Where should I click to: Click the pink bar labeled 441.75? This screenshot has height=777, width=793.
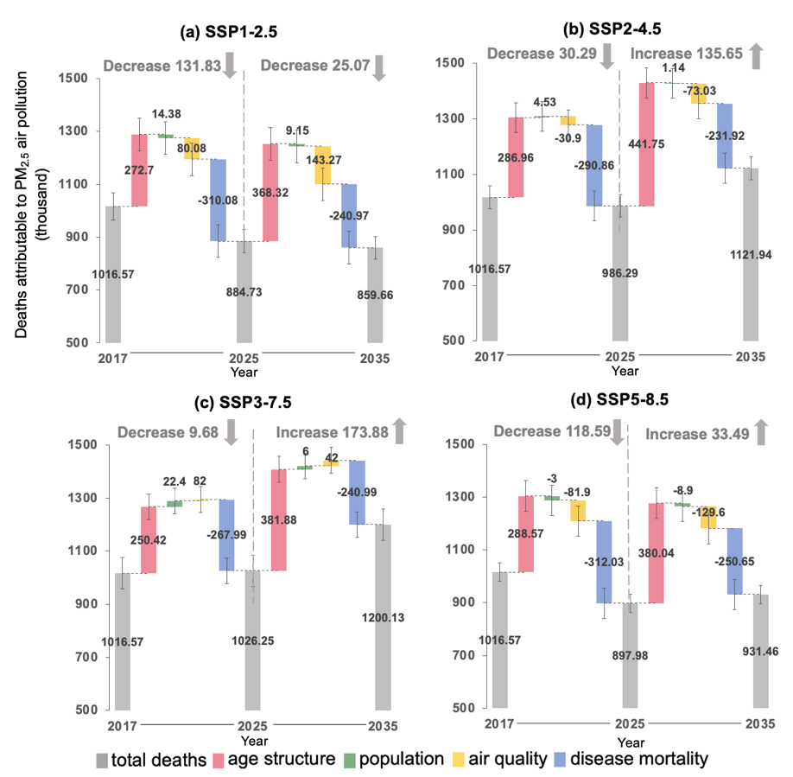pyautogui.click(x=645, y=144)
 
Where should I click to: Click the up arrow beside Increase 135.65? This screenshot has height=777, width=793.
pyautogui.click(x=754, y=57)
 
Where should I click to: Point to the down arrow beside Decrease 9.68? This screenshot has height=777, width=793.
pyautogui.click(x=230, y=432)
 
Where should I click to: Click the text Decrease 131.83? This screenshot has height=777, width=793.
pyautogui.click(x=161, y=66)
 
